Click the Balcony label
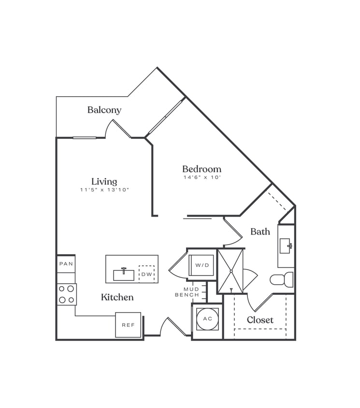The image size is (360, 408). click(104, 110)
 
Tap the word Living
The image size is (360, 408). click(104, 181)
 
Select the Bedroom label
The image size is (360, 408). click(202, 169)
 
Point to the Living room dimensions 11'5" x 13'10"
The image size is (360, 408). click(104, 190)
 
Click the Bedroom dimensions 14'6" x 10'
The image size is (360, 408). click(202, 177)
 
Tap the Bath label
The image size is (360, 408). click(260, 232)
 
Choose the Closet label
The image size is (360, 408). click(260, 320)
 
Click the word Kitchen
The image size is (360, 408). click(117, 297)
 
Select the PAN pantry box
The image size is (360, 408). click(66, 264)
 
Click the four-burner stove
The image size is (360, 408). click(67, 294)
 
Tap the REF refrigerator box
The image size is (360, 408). click(128, 325)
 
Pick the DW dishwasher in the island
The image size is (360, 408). click(146, 274)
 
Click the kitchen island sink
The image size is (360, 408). click(124, 275)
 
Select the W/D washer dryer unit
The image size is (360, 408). click(202, 265)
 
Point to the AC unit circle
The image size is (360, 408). click(207, 319)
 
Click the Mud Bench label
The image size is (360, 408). click(187, 291)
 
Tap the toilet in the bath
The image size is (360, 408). click(282, 279)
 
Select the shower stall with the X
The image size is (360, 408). click(230, 271)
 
